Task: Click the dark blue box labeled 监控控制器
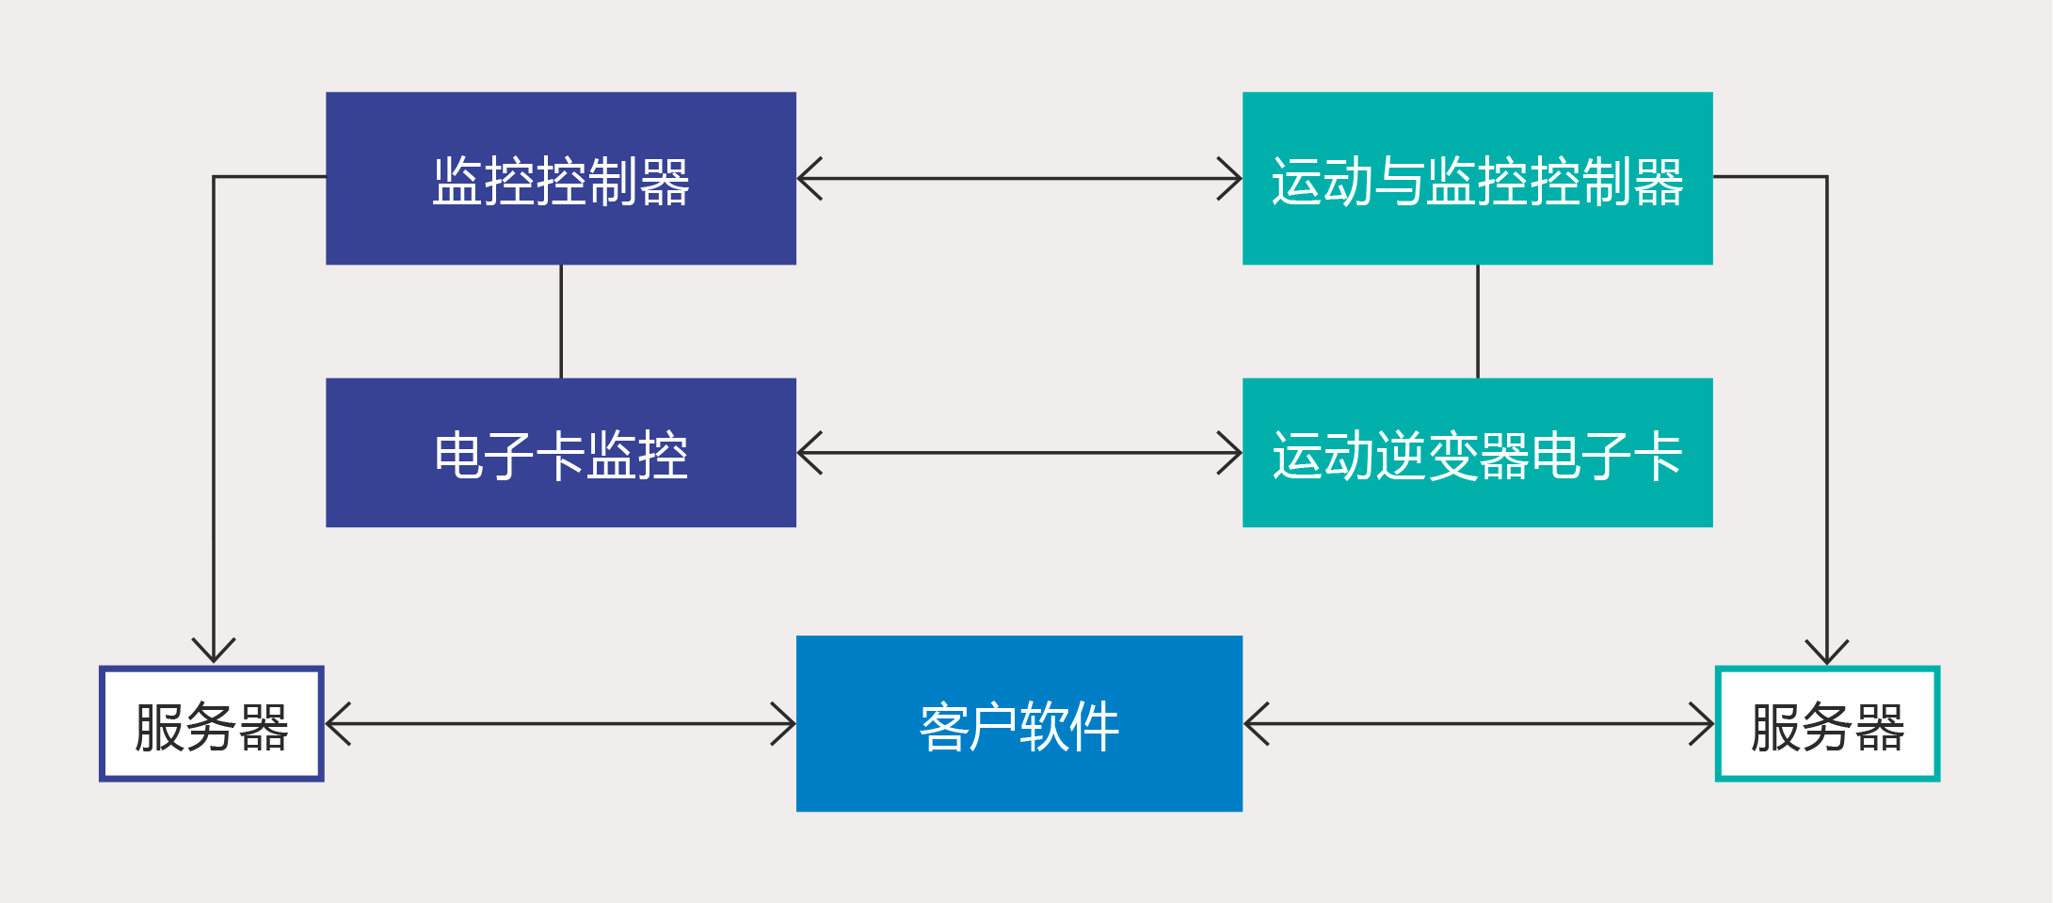click(561, 178)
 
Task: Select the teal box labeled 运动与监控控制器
click(1478, 178)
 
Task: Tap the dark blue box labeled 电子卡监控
click(561, 453)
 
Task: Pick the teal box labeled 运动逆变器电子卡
click(1478, 453)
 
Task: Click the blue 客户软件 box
click(1019, 723)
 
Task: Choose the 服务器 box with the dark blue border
click(212, 724)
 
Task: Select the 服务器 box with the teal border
click(1827, 724)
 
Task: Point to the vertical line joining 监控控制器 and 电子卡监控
click(561, 321)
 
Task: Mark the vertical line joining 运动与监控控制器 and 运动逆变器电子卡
click(1478, 321)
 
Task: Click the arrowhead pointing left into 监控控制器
click(810, 178)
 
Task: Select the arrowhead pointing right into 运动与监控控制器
click(1229, 178)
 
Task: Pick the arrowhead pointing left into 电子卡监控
click(810, 453)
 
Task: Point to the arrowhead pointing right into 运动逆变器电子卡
click(1229, 453)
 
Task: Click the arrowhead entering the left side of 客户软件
click(783, 724)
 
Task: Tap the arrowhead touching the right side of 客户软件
click(1257, 724)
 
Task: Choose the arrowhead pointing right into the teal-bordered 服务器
click(1702, 724)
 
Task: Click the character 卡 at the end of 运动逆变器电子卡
click(1659, 456)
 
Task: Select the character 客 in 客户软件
click(944, 727)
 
